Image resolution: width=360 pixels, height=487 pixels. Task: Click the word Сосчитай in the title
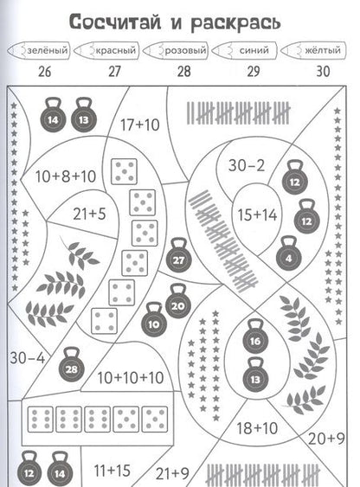(x=115, y=22)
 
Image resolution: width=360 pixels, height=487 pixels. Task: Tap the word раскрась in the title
(x=235, y=23)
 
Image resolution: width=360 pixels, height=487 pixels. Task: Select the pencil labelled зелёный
(x=39, y=50)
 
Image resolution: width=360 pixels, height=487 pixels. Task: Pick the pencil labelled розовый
(x=177, y=50)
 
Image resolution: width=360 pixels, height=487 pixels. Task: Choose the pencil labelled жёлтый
(x=313, y=50)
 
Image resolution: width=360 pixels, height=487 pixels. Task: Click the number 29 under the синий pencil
(x=254, y=72)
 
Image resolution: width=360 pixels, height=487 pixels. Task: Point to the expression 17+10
(x=140, y=125)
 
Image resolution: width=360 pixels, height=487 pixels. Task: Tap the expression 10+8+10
(x=66, y=176)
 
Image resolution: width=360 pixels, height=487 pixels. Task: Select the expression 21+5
(x=89, y=214)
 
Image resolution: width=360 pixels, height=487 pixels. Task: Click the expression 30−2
(x=247, y=165)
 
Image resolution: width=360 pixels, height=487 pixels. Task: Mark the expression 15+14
(x=257, y=215)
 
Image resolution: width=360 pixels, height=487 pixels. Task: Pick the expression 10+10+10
(x=131, y=378)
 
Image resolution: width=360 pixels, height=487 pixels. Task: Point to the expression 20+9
(x=326, y=439)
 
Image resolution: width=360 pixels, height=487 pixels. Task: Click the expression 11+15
(x=112, y=471)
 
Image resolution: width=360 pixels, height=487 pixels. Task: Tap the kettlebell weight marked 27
(x=179, y=255)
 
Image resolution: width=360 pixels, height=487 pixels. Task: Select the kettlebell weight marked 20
(x=178, y=301)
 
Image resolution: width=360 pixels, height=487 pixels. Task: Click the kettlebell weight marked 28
(x=72, y=365)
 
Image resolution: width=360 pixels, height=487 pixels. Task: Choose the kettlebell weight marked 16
(x=255, y=336)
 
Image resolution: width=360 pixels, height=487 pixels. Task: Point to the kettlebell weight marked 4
(x=289, y=253)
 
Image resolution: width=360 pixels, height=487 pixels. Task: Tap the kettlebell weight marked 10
(x=154, y=320)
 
